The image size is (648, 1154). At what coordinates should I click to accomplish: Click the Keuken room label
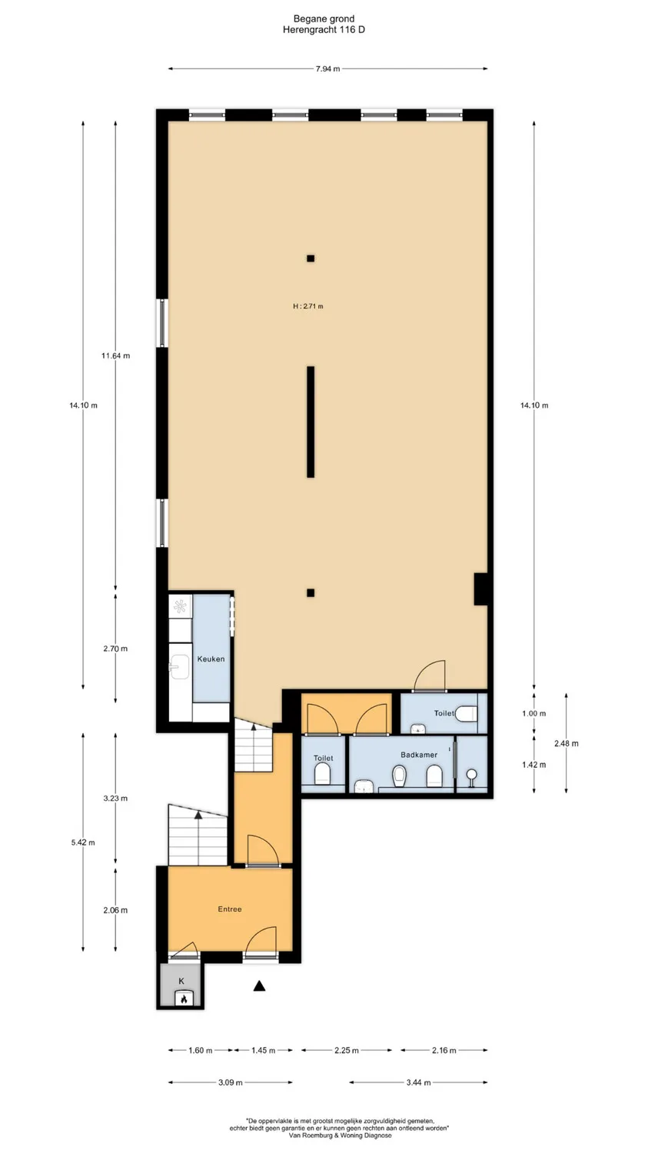[x=211, y=659]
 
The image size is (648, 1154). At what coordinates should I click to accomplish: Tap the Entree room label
[x=230, y=909]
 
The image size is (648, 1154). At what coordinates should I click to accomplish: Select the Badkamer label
[x=419, y=755]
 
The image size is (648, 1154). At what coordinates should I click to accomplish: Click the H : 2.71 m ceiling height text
[x=308, y=306]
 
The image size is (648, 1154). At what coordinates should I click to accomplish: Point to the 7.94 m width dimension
[x=327, y=69]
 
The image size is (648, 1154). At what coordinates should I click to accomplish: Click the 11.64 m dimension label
[x=115, y=355]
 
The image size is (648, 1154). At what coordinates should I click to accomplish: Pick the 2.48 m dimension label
[x=567, y=743]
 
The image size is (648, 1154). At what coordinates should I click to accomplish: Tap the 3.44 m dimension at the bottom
[x=418, y=1082]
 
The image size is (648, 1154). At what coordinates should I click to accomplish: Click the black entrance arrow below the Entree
[x=260, y=986]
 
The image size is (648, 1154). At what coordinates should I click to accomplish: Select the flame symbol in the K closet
[x=183, y=999]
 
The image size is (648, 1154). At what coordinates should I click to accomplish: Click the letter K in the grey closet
[x=182, y=981]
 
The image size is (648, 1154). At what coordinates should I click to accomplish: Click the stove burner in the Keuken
[x=181, y=605]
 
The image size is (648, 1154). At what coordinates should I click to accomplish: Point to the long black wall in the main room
[x=311, y=422]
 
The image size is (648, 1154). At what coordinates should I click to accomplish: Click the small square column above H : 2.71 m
[x=311, y=258]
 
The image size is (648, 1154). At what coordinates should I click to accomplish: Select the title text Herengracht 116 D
[x=324, y=29]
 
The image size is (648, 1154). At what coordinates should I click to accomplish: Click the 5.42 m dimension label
[x=83, y=842]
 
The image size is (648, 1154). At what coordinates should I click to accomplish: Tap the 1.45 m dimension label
[x=263, y=1050]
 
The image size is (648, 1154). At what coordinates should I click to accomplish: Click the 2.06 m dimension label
[x=115, y=910]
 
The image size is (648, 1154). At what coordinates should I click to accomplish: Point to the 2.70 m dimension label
[x=115, y=649]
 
